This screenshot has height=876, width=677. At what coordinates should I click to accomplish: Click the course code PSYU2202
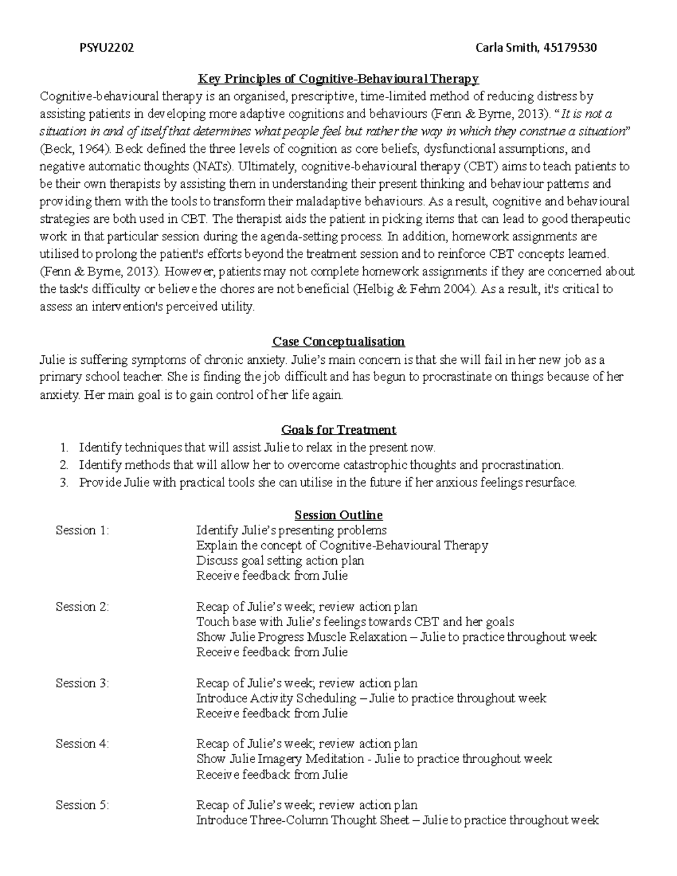[106, 48]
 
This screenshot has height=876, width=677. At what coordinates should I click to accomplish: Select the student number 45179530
[568, 48]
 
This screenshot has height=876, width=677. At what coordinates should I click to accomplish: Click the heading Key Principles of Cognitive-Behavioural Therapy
[337, 78]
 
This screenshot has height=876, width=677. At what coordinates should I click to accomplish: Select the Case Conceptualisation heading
[338, 342]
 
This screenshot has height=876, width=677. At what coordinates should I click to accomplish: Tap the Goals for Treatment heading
[338, 430]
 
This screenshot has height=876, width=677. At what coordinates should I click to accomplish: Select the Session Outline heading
[338, 515]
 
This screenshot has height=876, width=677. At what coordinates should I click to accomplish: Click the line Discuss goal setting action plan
[280, 561]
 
